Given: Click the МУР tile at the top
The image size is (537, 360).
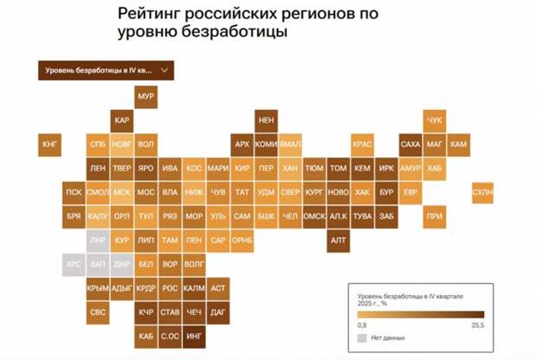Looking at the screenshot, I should click(146, 97).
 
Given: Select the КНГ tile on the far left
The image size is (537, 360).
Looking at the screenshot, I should click(49, 144).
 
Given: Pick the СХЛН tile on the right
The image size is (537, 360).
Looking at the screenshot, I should click(483, 192).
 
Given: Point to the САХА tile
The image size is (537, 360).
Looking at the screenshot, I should click(411, 144).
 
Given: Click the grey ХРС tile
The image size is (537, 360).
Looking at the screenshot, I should click(74, 263).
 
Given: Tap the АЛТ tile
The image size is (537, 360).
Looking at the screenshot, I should click(338, 240).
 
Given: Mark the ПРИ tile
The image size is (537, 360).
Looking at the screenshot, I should click(435, 215).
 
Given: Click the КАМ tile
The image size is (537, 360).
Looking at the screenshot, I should click(459, 144).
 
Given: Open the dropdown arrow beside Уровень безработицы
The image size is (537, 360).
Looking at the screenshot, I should click(165, 70).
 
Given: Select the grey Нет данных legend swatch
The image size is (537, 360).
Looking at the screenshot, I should click(362, 337).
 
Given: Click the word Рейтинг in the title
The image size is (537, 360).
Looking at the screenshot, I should click(145, 16).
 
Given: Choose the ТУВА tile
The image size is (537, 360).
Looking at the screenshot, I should click(362, 215).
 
